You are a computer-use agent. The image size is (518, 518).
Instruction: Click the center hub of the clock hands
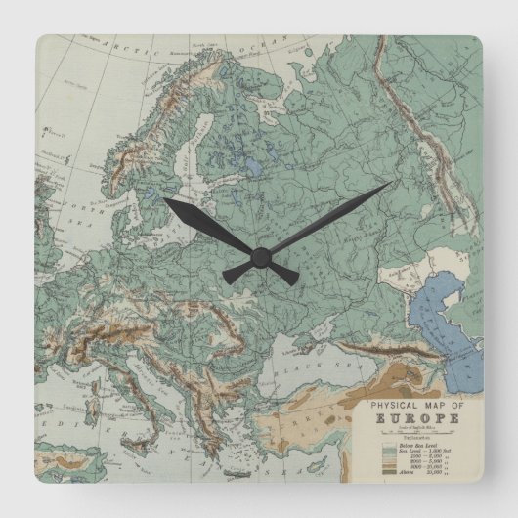click(259, 256)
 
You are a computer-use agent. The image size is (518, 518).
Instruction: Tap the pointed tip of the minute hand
click(391, 182)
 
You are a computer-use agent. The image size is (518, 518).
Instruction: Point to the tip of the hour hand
click(166, 200)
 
